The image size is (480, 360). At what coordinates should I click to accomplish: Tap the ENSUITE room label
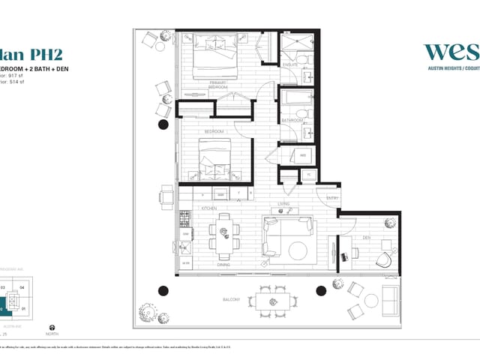point(291,65)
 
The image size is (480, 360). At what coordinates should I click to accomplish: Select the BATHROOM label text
point(291,119)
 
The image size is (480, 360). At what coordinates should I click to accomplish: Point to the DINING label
point(223,264)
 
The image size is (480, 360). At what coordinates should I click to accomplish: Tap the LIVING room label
point(283,204)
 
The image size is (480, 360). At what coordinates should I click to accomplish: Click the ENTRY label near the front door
point(331,198)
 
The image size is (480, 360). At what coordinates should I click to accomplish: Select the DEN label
point(366,238)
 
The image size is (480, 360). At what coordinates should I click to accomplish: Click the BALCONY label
point(231,300)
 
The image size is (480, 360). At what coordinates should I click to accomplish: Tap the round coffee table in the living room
point(299,249)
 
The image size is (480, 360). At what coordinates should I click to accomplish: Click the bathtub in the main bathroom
point(295,98)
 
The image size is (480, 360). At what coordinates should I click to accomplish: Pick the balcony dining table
point(272,301)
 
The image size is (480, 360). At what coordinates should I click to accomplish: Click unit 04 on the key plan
point(22,287)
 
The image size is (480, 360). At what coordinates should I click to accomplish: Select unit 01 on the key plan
point(22,307)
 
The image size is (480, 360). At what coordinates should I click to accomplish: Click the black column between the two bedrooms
point(163,124)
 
